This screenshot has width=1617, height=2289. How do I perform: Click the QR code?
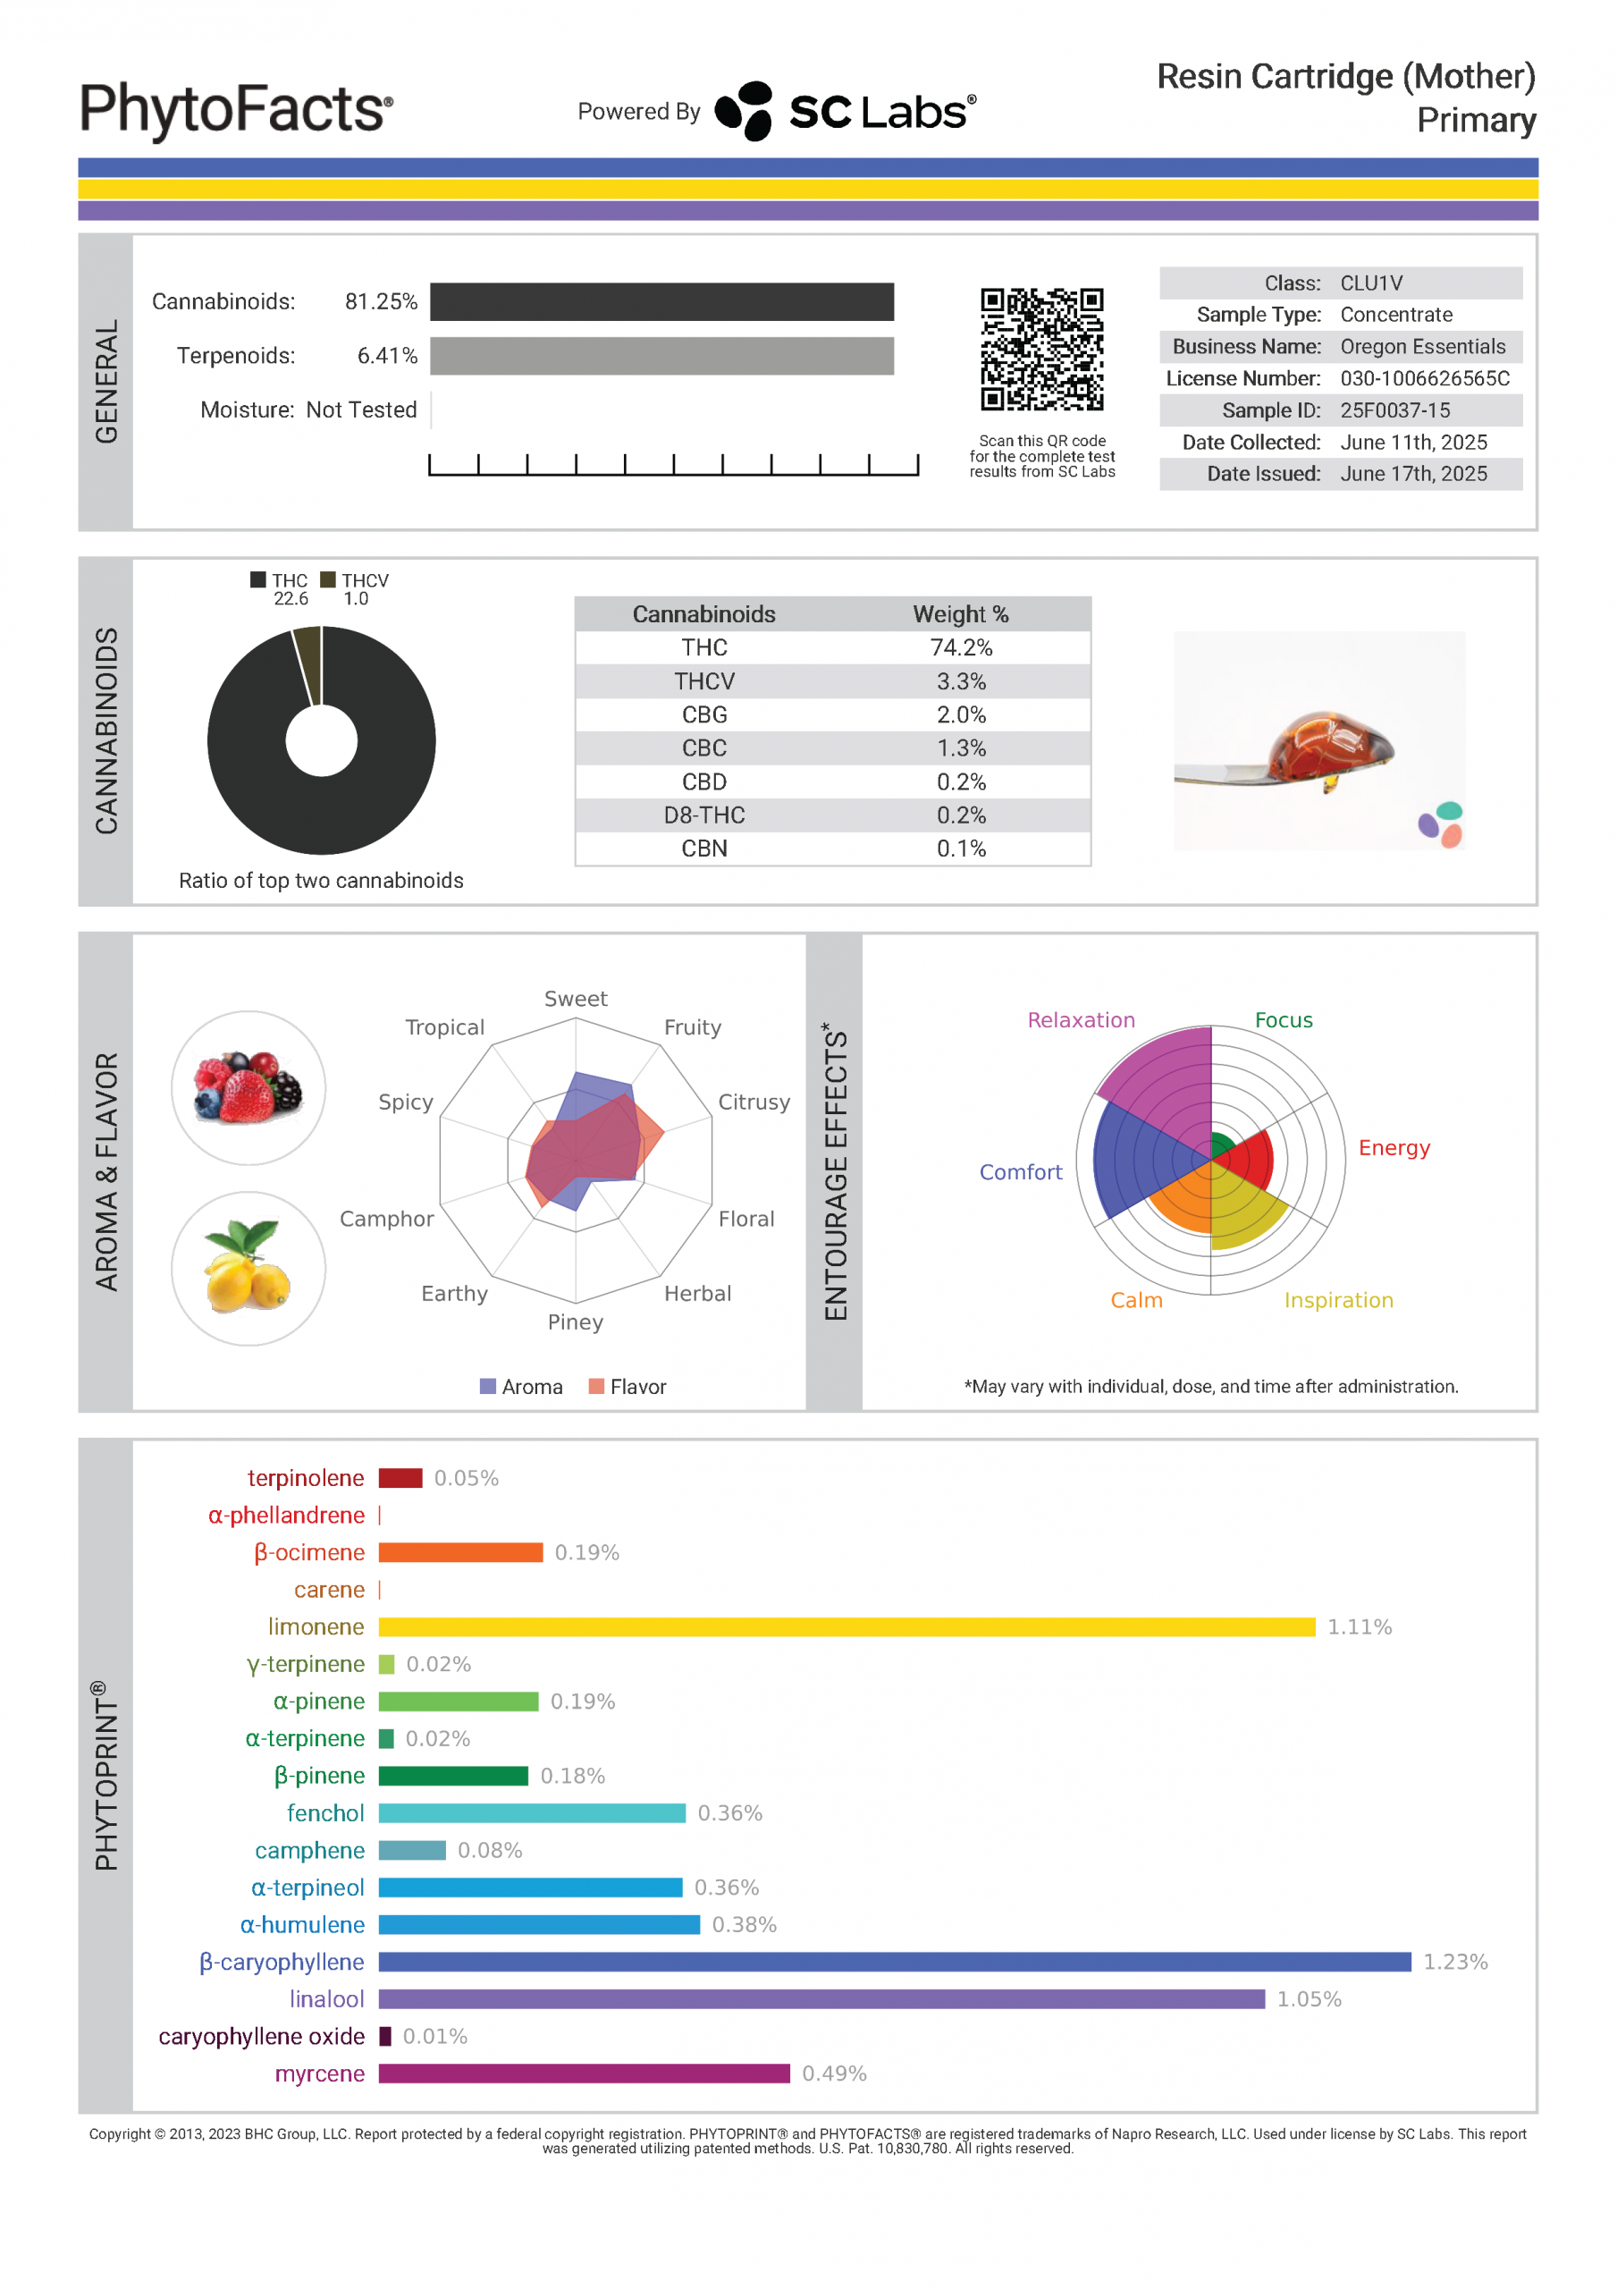pos(1040,349)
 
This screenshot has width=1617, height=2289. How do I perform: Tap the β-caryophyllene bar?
pos(893,1961)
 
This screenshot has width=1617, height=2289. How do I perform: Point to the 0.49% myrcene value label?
pos(833,2073)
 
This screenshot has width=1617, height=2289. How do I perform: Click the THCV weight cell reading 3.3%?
pos(960,681)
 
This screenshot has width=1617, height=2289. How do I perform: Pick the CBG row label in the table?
pos(703,714)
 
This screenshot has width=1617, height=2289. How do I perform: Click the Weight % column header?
pos(960,614)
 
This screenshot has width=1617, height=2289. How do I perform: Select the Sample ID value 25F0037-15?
pos(1394,410)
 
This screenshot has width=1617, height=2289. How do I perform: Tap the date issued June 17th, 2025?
pos(1412,474)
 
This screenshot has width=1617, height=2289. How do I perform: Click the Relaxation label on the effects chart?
pos(1081,1020)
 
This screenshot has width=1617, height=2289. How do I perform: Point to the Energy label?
pos(1393,1147)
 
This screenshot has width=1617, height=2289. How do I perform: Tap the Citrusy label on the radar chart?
pos(754,1102)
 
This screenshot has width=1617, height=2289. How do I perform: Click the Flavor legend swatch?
pos(596,1386)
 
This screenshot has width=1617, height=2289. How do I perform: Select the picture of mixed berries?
pos(248,1087)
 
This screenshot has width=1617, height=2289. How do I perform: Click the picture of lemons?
pos(248,1268)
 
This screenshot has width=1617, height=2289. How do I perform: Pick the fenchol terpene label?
pos(325,1812)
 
